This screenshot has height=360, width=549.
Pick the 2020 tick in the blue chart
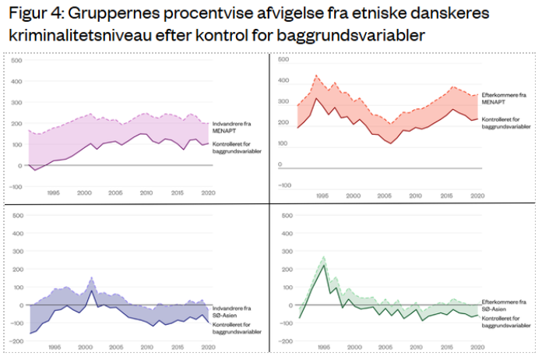click(209, 346)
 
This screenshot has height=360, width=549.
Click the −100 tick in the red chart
click(284, 185)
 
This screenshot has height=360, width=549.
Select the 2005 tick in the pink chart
click(115, 193)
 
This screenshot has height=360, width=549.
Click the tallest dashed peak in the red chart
click(316, 76)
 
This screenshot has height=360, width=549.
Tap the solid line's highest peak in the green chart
click(323, 266)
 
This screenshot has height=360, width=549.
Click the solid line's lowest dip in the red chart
click(390, 143)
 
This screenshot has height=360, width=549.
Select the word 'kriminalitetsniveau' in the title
click(71, 37)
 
